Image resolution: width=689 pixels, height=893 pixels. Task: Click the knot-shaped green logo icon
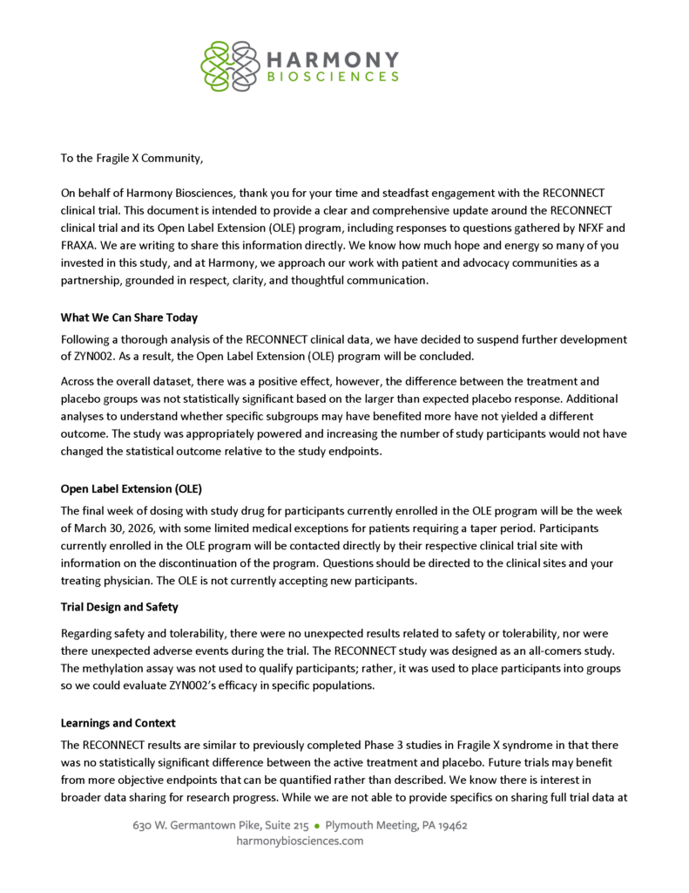pos(229,64)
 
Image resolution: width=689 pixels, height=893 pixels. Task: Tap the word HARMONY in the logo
pos(332,58)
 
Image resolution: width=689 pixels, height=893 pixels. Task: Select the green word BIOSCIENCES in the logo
pos(333,77)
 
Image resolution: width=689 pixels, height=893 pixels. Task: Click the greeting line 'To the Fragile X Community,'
pos(132,159)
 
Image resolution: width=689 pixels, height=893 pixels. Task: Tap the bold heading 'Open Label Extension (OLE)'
pos(131,488)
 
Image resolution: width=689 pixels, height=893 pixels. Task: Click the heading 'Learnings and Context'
pos(118,723)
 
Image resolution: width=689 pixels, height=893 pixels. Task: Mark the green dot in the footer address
pos(318,825)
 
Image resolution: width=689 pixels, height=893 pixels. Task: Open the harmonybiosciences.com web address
pos(300,842)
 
